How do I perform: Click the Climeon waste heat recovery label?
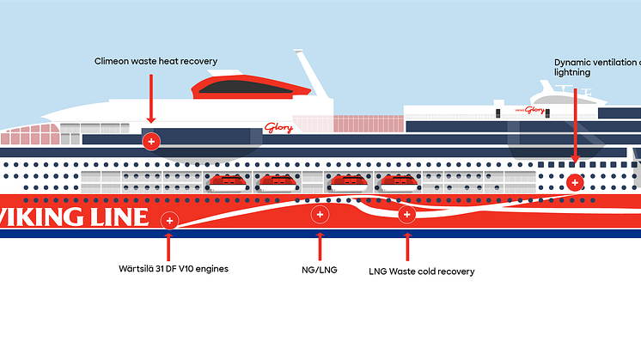coord(156,61)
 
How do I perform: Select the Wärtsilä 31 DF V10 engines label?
coord(174,269)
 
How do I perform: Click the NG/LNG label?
coord(320,270)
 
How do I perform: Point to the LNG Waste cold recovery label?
coord(421,272)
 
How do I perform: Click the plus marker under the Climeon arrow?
coord(151,140)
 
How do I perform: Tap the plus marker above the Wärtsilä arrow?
coord(169,221)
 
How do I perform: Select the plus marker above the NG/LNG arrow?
coord(320,214)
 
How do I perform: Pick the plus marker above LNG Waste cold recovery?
coord(406,214)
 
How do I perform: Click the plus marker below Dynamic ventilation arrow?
coord(575,181)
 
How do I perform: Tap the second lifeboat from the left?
coord(278,181)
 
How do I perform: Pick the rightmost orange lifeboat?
coord(398,181)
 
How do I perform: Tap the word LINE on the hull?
coord(119,217)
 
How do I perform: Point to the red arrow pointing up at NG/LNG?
coord(320,245)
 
